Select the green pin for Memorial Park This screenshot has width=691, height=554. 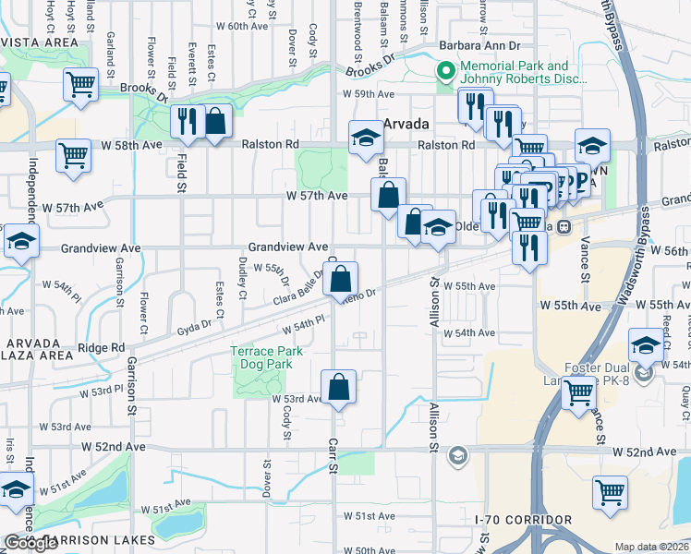coord(445,70)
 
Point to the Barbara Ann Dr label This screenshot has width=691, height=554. coord(480,44)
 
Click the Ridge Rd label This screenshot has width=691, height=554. coord(101,347)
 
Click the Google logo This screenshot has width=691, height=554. coord(30,543)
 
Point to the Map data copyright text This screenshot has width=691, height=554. coord(651,547)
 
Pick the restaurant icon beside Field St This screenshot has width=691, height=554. coord(188,123)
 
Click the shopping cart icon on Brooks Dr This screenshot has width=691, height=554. coord(81,85)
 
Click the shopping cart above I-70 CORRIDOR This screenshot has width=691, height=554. coord(611,492)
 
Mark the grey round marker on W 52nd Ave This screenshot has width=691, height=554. coord(456,455)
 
